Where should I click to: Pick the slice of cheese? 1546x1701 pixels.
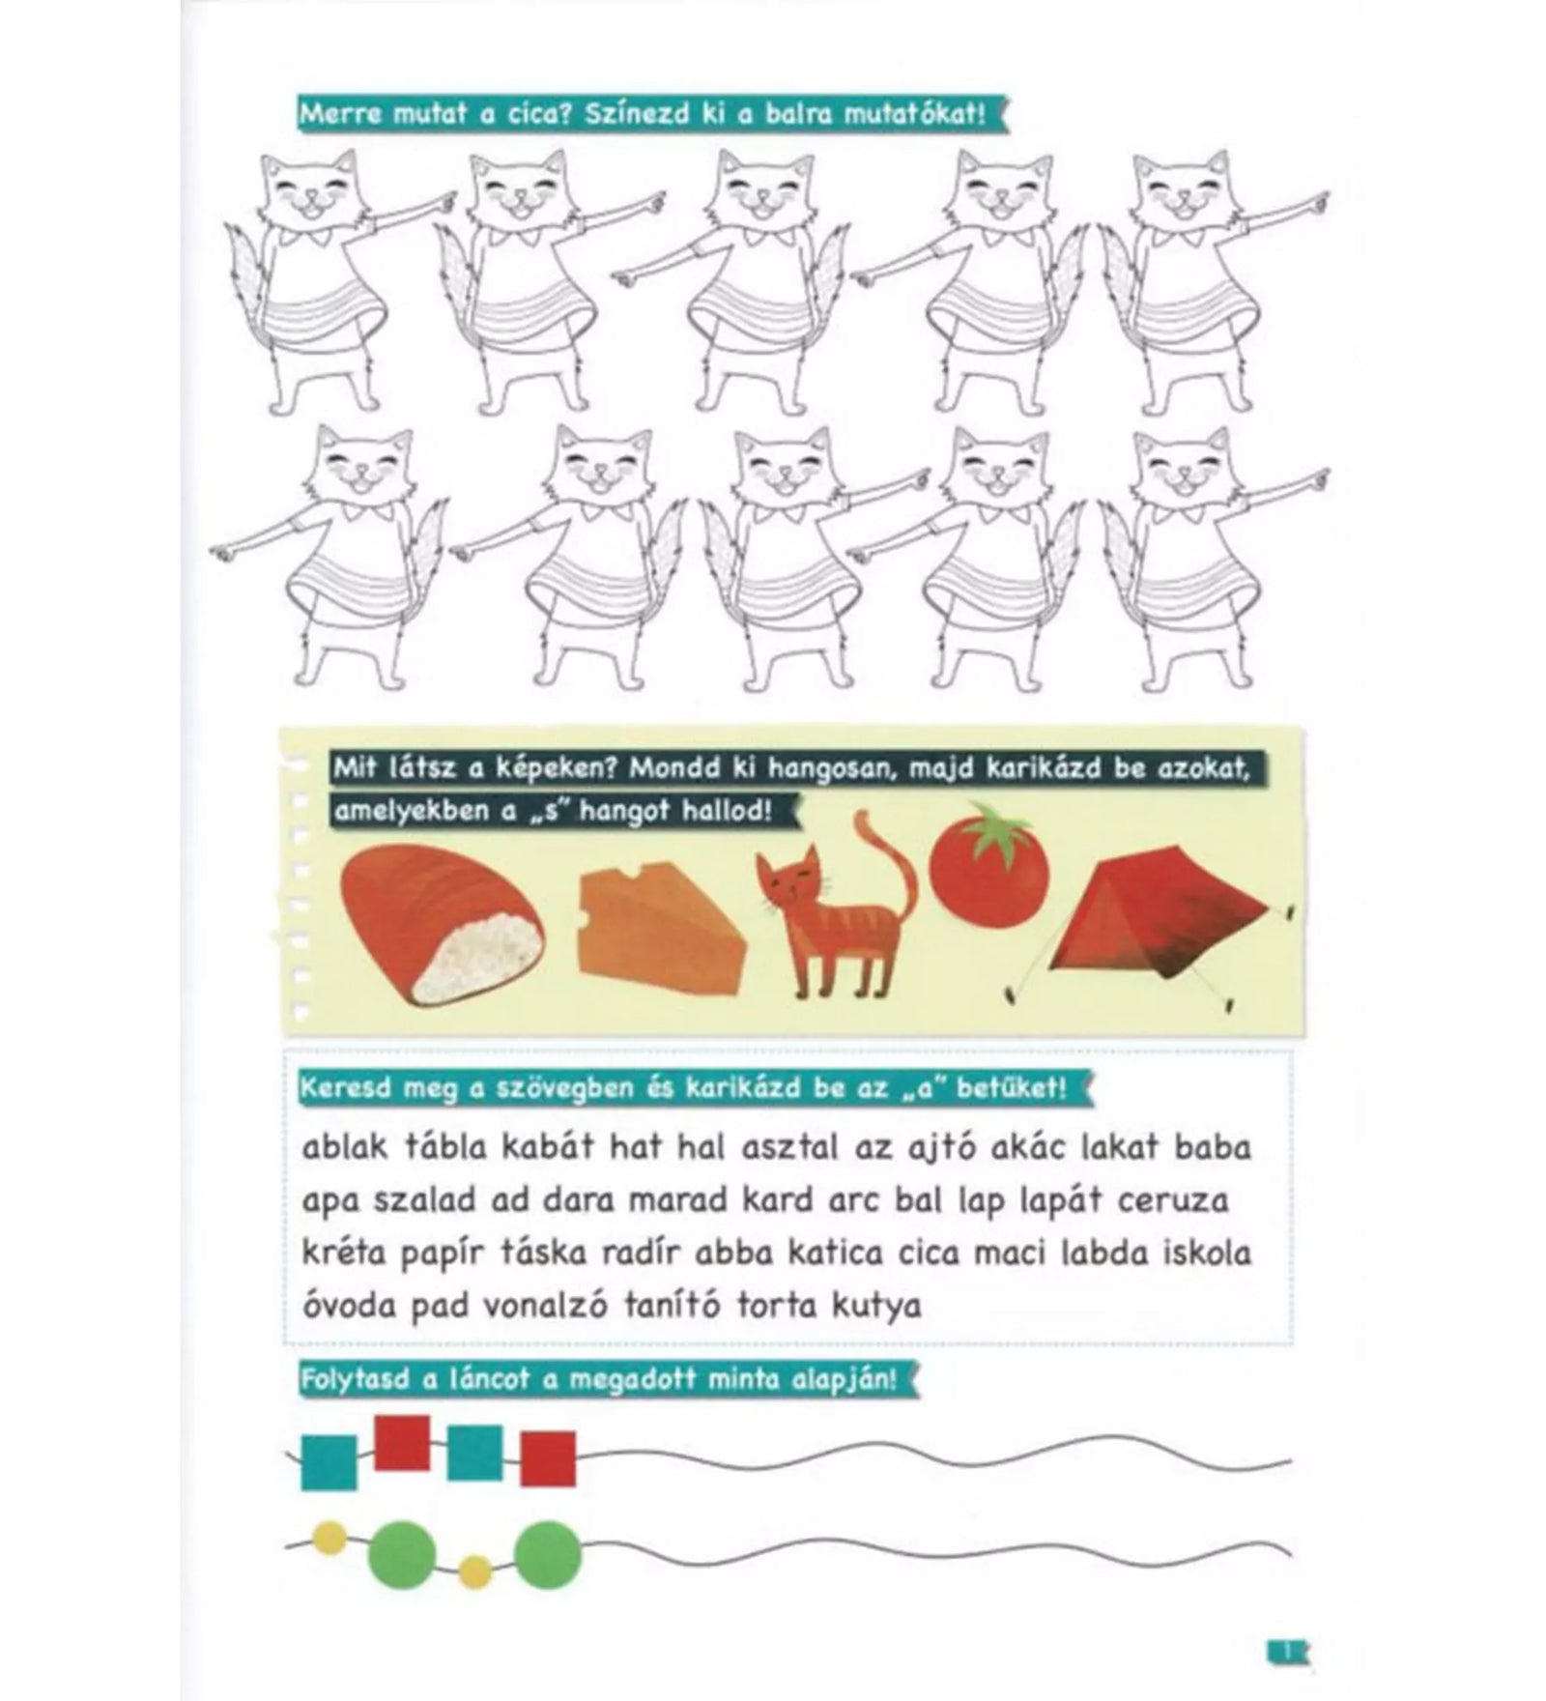click(660, 922)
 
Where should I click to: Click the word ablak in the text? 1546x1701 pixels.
click(345, 1147)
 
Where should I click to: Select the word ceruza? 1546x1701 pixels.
click(1173, 1201)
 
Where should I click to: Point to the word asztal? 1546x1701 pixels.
click(792, 1147)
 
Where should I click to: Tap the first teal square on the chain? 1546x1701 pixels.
click(329, 1462)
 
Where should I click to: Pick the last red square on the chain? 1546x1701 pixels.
click(548, 1458)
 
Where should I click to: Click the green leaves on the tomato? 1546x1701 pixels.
click(990, 827)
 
